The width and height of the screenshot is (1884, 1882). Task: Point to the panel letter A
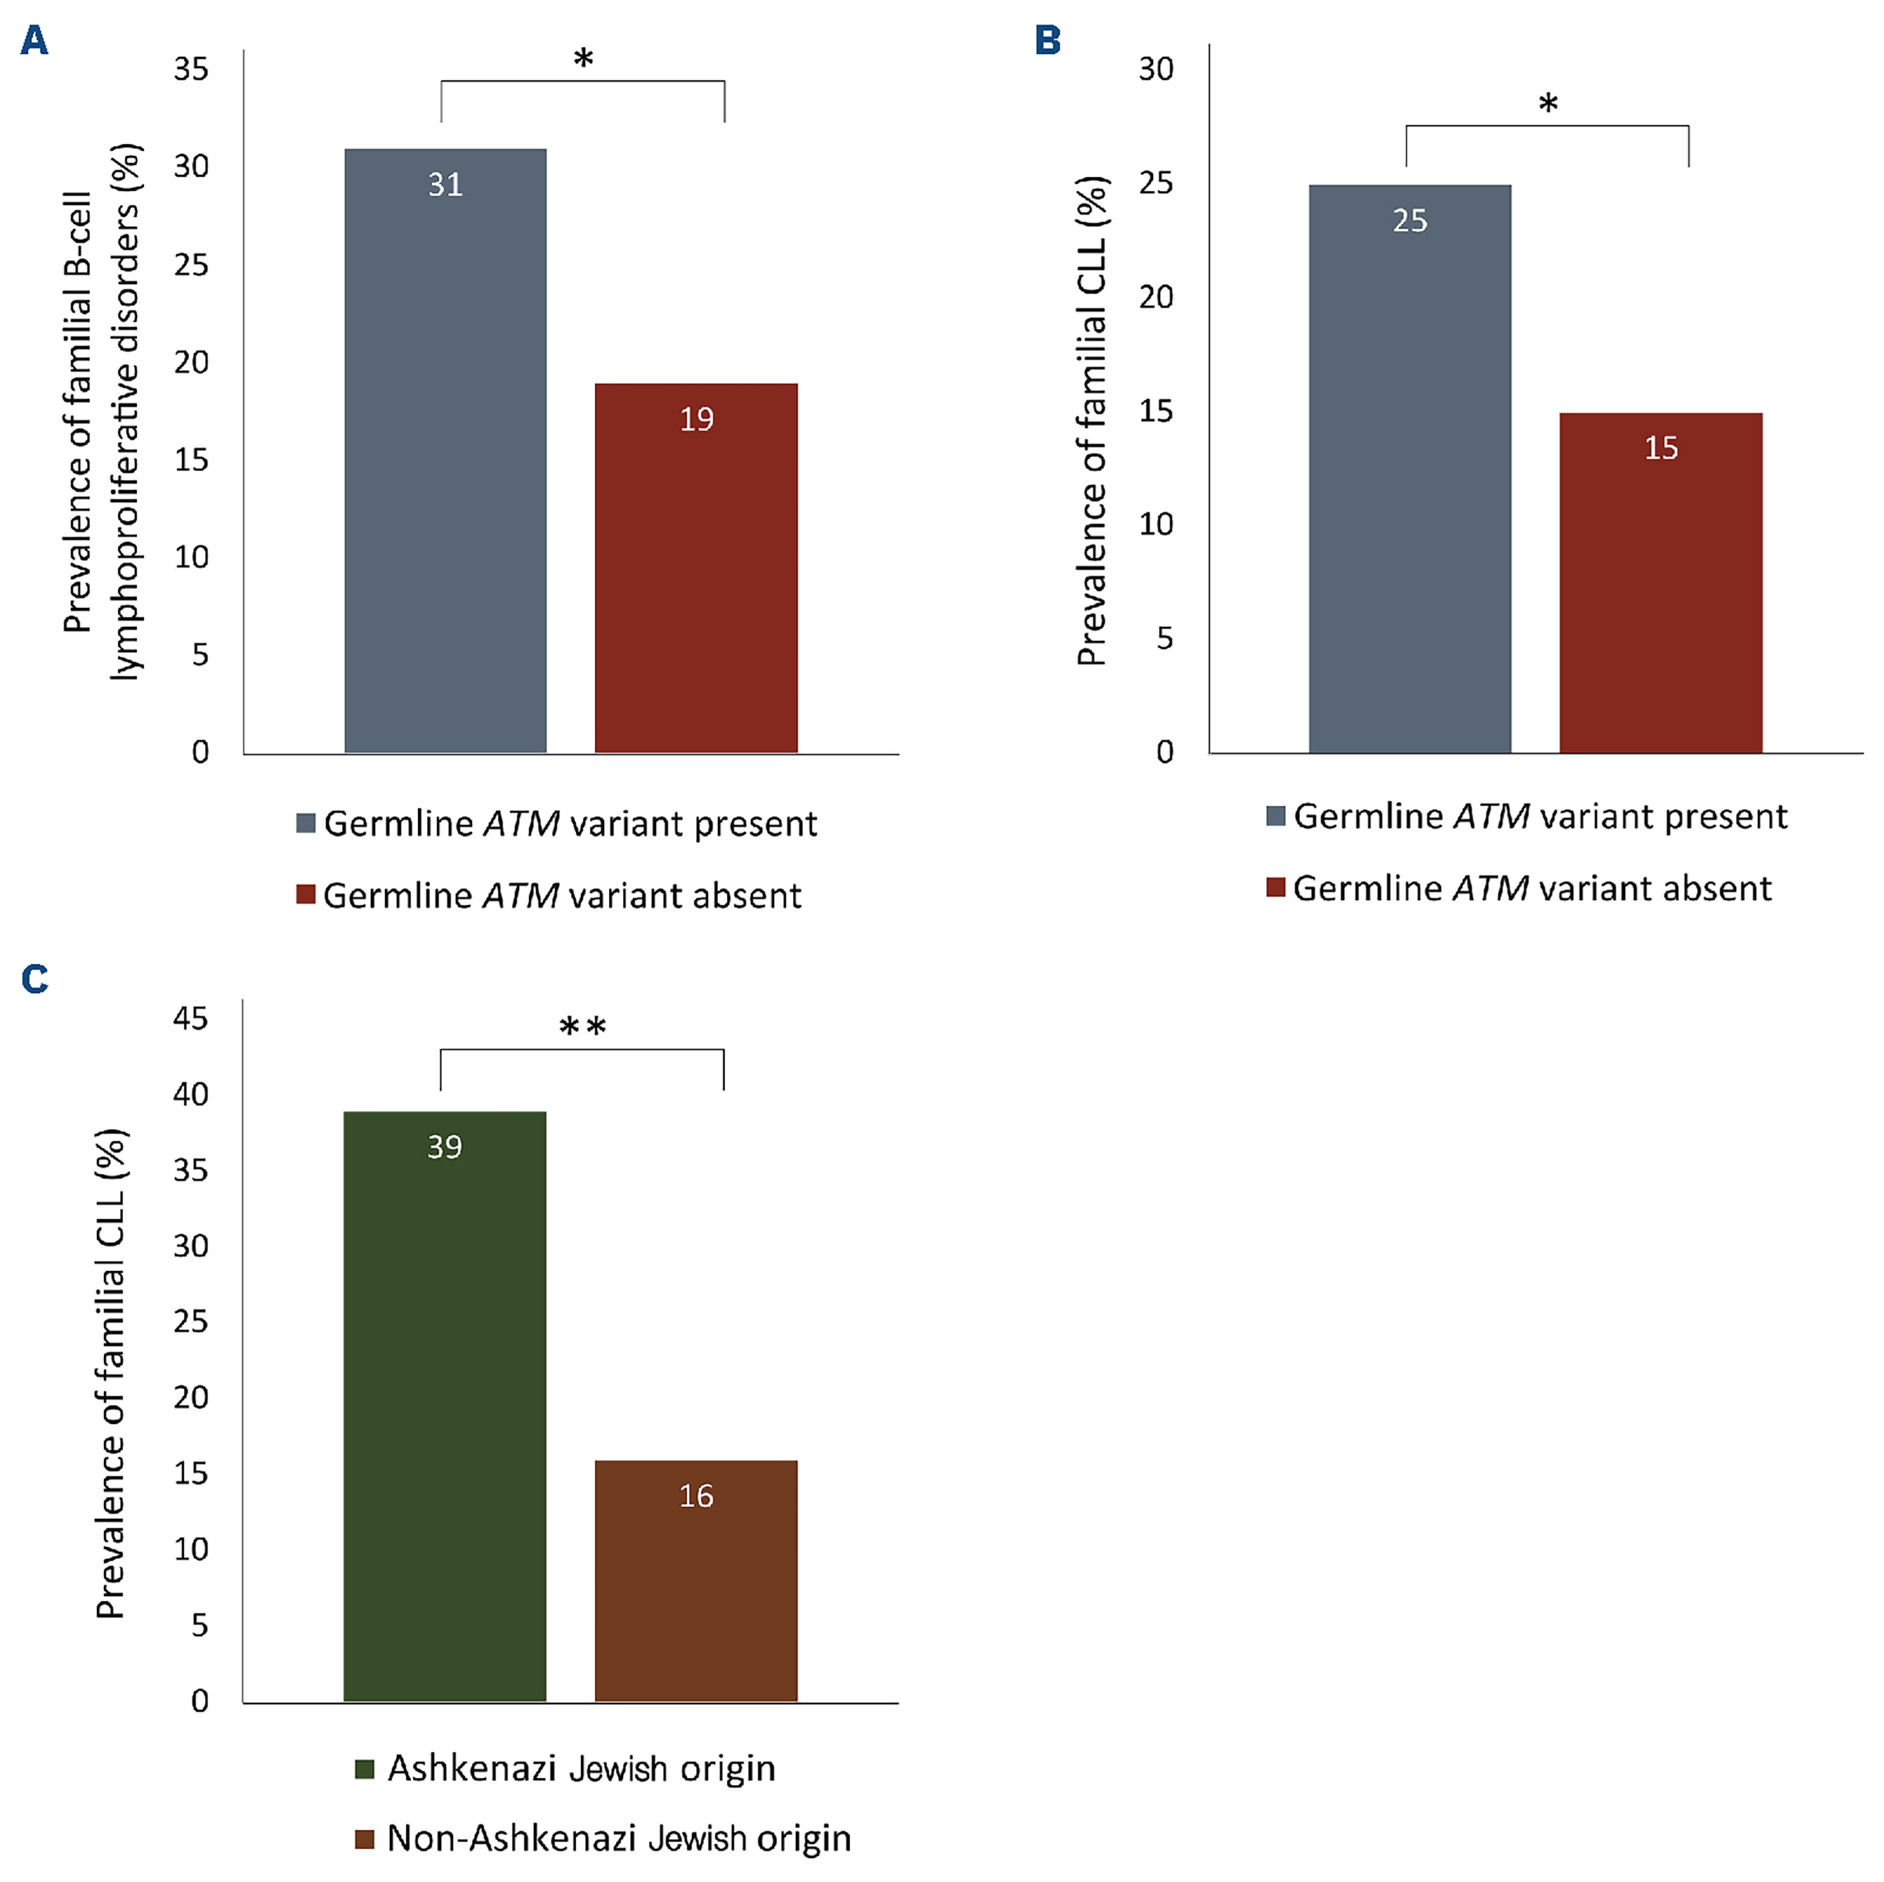[x=34, y=41]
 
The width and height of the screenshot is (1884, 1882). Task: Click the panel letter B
[x=1047, y=41]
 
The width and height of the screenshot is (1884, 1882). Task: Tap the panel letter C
[x=34, y=978]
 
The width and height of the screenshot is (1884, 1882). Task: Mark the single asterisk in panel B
[x=1547, y=104]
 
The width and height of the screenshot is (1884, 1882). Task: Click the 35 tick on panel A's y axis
[x=191, y=69]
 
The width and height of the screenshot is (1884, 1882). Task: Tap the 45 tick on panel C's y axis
[x=190, y=1019]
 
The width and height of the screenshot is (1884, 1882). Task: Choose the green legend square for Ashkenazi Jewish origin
[x=365, y=1769]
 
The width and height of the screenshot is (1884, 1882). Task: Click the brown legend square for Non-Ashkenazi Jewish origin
[x=365, y=1839]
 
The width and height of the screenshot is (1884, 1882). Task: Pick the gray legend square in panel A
[x=306, y=823]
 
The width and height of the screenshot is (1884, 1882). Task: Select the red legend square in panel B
[x=1276, y=887]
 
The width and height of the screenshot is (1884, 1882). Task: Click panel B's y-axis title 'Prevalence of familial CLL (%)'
[x=1092, y=421]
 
